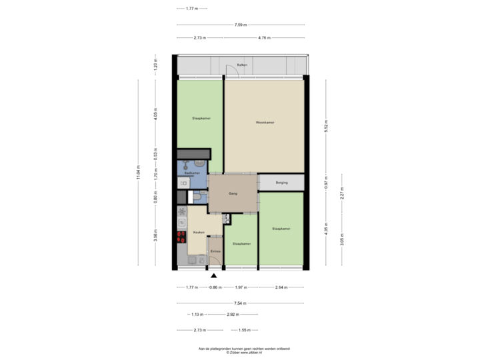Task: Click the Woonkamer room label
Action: (265, 123)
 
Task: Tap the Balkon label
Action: (242, 65)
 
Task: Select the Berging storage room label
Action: (283, 182)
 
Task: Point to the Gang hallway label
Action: (233, 193)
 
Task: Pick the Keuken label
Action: (198, 232)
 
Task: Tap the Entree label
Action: (215, 251)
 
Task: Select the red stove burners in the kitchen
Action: (181, 235)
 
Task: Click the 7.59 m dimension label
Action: (241, 25)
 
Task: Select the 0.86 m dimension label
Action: (215, 287)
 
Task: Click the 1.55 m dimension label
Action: (243, 330)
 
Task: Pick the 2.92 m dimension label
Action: (233, 314)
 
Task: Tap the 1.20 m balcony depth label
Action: (155, 66)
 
